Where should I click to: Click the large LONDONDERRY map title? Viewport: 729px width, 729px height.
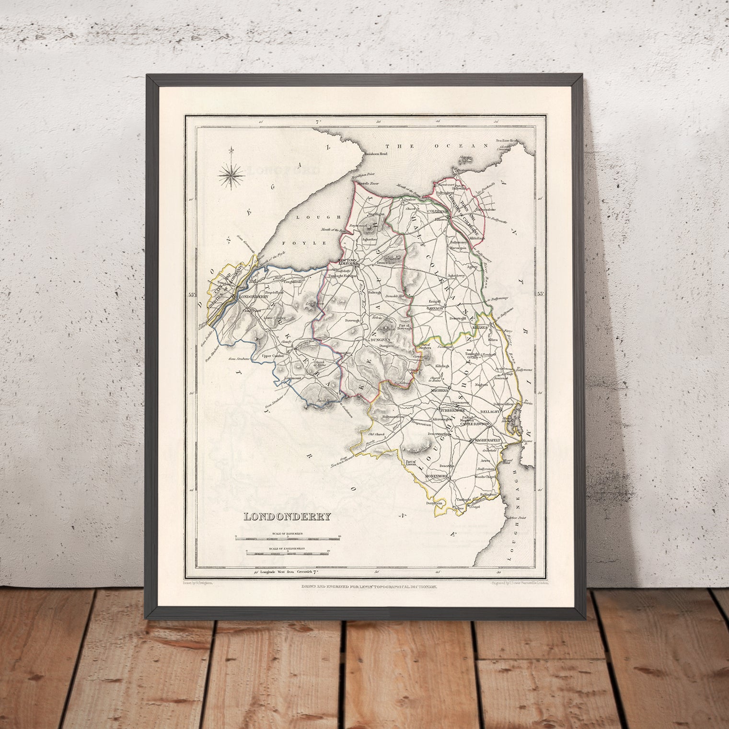tap(282, 517)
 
